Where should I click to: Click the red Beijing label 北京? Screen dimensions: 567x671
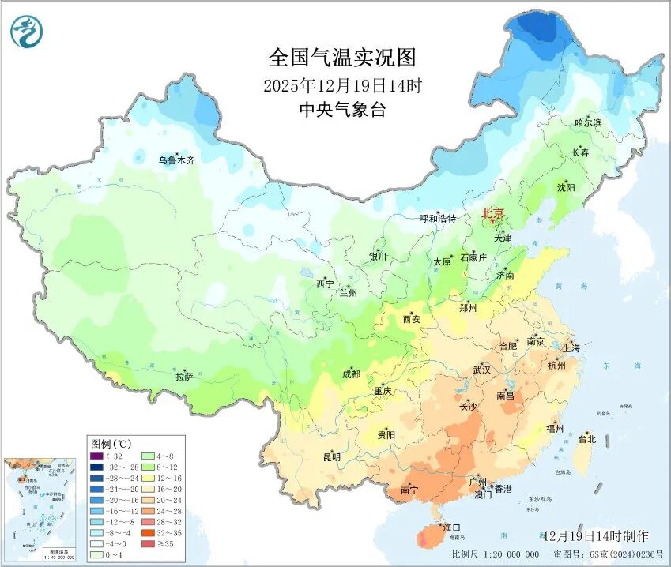(493, 214)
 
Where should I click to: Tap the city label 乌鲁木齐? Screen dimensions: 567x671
(176, 160)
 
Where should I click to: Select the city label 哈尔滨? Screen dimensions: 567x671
(587, 123)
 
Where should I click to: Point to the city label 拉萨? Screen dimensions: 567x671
(184, 377)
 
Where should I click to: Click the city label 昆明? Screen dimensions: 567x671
(332, 457)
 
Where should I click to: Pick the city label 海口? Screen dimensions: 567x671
(451, 528)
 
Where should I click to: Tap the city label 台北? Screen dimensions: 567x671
(587, 439)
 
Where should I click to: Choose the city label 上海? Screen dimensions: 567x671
(571, 348)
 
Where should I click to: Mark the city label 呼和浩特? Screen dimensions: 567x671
(437, 219)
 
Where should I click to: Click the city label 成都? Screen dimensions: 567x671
(352, 375)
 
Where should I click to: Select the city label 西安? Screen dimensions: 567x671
(412, 320)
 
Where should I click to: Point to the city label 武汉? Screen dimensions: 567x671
(481, 370)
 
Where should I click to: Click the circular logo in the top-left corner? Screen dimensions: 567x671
(27, 32)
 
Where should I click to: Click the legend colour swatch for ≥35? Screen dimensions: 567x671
(147, 544)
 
